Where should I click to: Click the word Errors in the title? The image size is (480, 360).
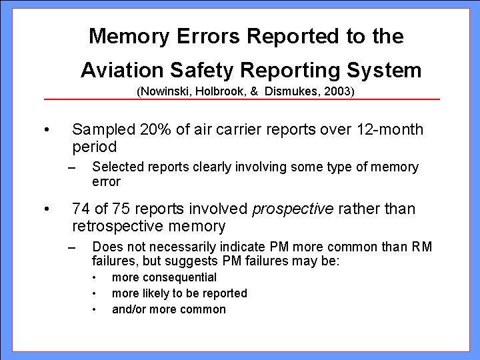click(205, 36)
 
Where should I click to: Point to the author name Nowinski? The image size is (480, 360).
click(164, 91)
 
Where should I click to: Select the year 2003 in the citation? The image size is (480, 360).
click(338, 91)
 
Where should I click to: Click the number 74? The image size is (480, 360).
click(80, 209)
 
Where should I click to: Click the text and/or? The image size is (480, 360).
click(127, 309)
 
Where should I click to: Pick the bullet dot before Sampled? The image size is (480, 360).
click(45, 129)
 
